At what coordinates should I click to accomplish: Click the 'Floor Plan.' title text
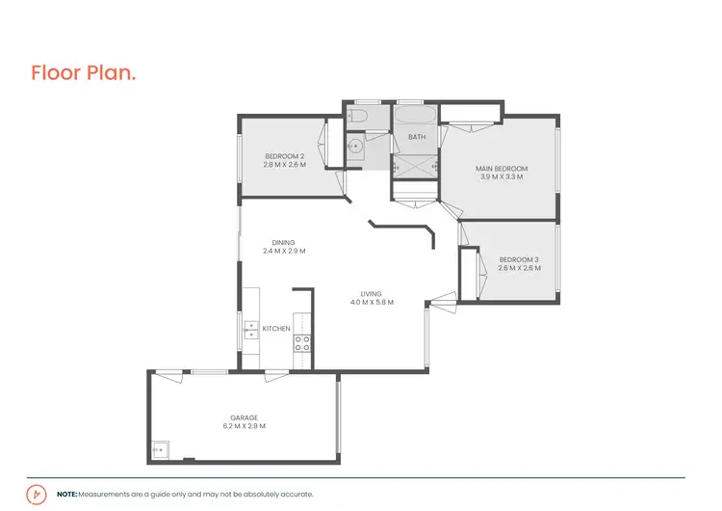pos(83,72)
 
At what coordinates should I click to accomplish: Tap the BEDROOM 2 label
pos(284,157)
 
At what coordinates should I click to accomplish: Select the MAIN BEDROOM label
pos(501,169)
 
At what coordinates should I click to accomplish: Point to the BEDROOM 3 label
pos(519,259)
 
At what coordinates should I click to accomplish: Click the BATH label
pos(416,137)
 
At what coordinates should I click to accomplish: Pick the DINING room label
pos(283,243)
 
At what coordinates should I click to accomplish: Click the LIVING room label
pos(372,294)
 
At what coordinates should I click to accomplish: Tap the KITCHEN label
pos(276,329)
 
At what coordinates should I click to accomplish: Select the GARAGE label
pos(244,417)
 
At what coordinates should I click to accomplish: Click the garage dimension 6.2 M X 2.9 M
pos(244,426)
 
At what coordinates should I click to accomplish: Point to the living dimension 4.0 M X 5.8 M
pos(372,303)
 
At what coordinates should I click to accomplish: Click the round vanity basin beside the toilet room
pos(353,148)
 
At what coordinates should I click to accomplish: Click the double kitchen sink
pos(249,330)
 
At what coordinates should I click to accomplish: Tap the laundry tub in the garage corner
pos(159,449)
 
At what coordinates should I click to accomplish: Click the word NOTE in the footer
pos(66,494)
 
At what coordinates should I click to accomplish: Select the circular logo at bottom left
pos(37,494)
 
